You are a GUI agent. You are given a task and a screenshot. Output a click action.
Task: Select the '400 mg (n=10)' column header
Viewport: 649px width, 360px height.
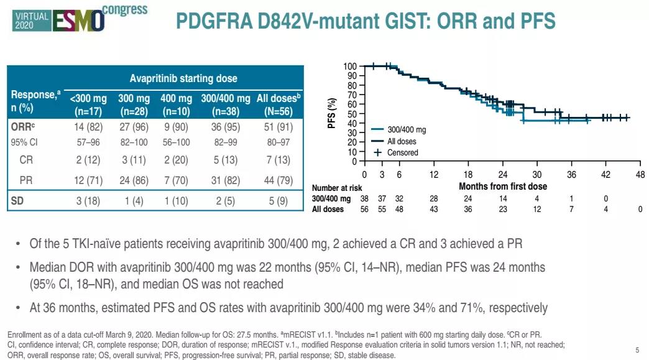tap(176, 106)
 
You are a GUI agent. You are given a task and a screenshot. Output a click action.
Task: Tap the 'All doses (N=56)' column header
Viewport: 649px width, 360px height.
tap(278, 106)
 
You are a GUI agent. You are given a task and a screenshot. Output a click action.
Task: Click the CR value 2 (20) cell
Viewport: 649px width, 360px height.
tap(176, 160)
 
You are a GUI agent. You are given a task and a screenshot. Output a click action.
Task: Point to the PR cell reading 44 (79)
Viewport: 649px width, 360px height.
tap(278, 181)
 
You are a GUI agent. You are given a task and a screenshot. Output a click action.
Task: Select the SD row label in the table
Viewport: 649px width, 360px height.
tap(17, 201)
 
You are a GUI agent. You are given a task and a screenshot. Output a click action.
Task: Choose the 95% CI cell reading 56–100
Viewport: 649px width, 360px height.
tap(176, 142)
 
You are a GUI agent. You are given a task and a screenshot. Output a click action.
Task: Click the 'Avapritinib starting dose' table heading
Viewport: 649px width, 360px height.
tap(183, 79)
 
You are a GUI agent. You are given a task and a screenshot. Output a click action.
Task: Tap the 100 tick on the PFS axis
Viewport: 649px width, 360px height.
tap(351, 67)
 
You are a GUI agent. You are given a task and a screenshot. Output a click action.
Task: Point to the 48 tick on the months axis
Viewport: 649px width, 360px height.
tap(640, 175)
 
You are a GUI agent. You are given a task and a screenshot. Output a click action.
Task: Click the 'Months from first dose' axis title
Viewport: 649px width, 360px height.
tap(502, 187)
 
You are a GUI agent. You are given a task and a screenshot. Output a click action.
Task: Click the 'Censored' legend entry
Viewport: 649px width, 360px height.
tap(402, 152)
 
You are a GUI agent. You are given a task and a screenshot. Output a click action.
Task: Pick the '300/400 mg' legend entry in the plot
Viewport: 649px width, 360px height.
tap(407, 131)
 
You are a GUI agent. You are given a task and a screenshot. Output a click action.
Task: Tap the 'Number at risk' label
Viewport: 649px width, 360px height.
tap(336, 188)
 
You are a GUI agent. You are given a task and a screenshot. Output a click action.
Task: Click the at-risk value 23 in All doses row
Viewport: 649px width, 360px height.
tap(502, 210)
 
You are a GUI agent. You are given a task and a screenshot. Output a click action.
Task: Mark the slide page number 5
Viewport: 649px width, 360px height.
tap(637, 349)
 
